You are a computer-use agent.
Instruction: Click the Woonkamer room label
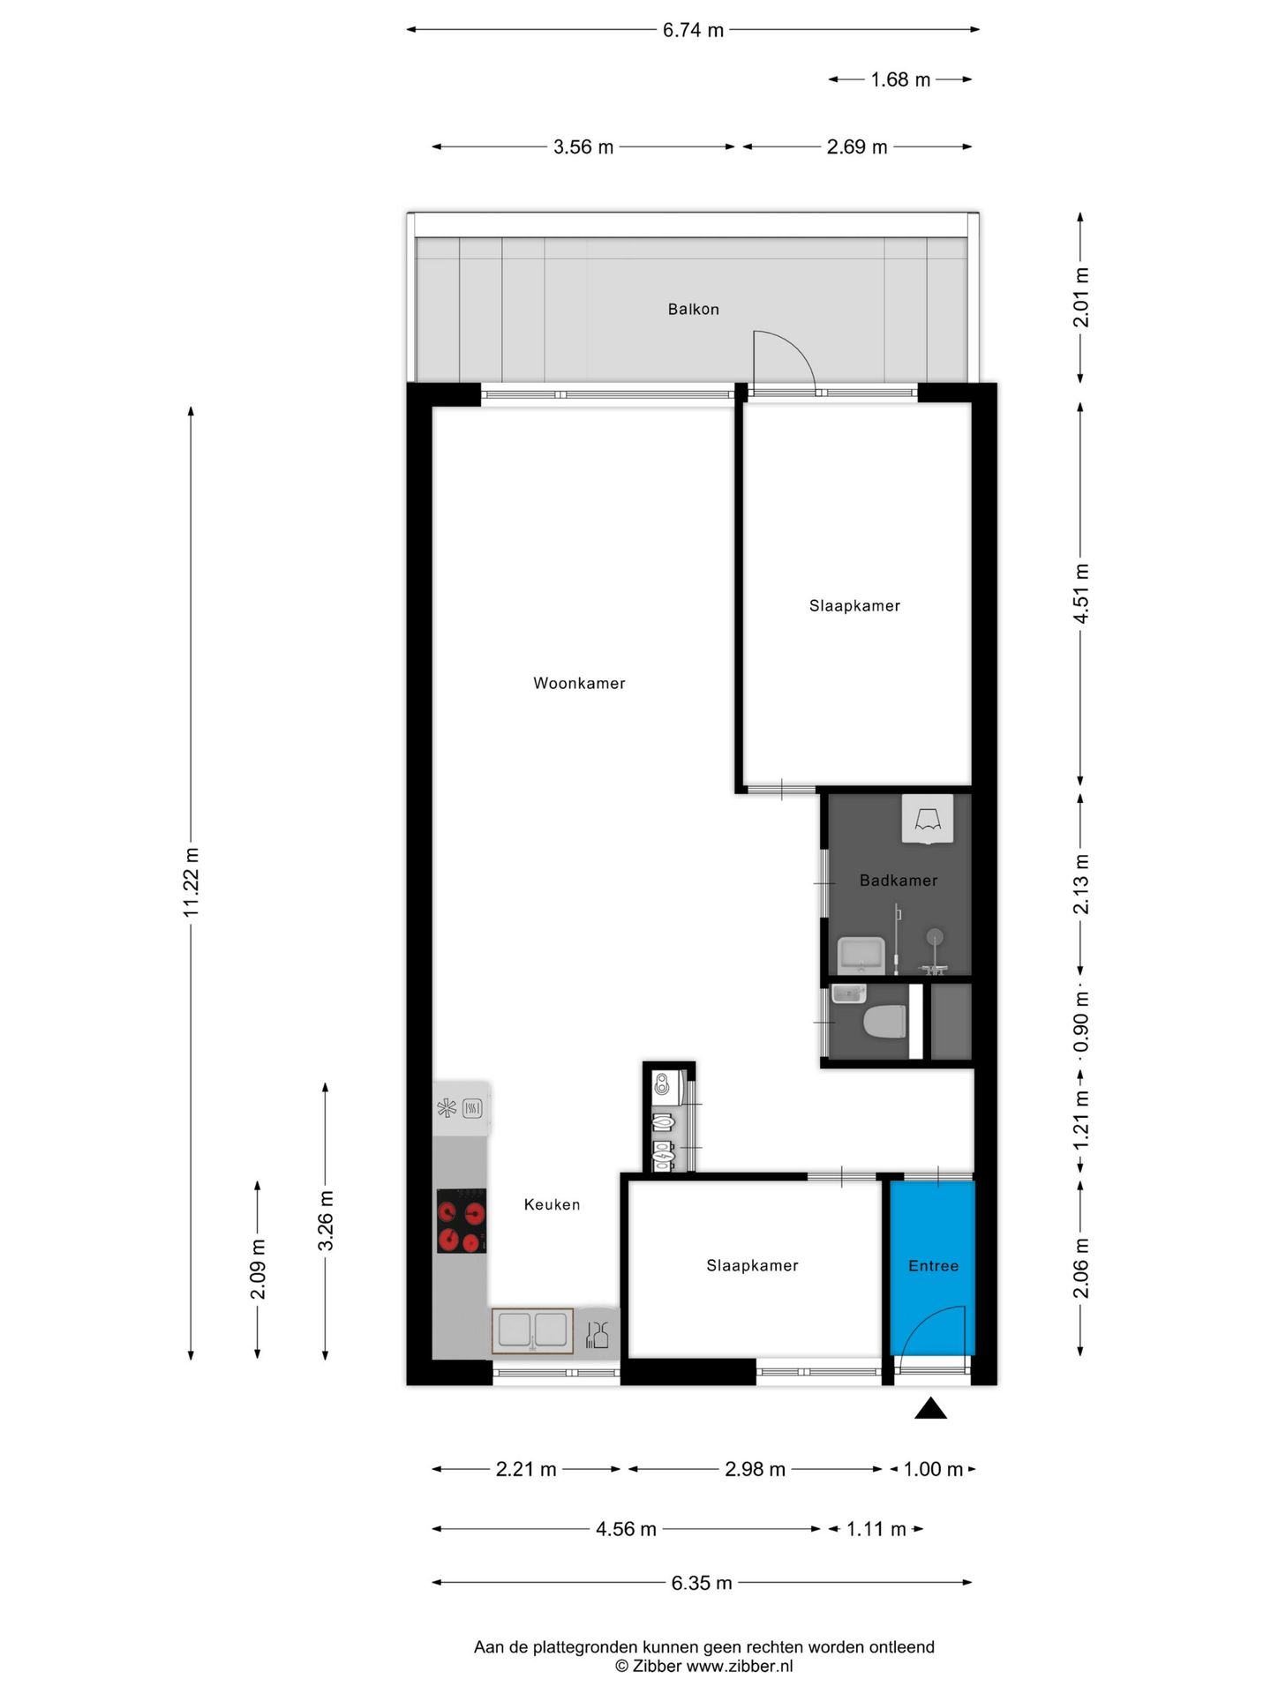579,683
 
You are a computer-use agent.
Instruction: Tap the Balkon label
693,309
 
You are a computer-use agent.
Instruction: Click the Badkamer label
898,880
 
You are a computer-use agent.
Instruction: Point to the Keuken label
552,1204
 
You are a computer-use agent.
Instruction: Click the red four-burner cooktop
462,1220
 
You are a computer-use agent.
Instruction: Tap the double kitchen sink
532,1330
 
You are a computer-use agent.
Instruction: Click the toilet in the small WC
885,1022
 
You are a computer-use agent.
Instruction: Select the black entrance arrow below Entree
930,1409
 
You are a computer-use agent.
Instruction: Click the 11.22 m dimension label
192,881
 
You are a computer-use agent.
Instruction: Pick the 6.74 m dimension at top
693,30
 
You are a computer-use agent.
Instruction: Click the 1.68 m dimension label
900,79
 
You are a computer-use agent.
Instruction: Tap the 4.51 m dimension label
1080,593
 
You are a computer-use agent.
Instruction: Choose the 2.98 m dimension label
755,1469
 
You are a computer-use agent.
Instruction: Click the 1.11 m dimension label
876,1529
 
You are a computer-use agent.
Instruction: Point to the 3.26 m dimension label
326,1220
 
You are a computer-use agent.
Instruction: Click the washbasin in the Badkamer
861,955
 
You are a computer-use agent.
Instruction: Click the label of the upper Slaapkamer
854,605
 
